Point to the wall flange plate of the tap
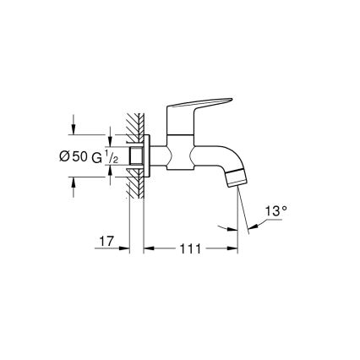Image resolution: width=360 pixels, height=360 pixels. [x=148, y=156]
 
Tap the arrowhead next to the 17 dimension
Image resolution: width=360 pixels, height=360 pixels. [x=126, y=248]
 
